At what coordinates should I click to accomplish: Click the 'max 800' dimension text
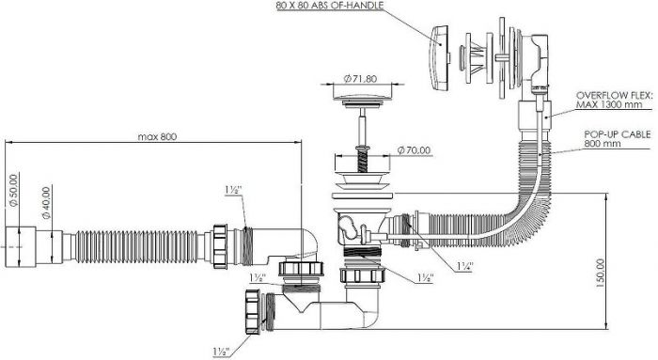[x=158, y=136]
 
